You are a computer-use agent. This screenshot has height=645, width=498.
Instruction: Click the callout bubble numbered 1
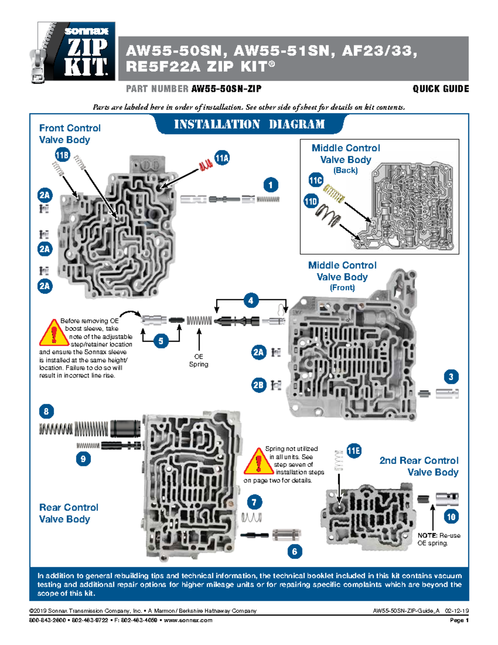pos(271,185)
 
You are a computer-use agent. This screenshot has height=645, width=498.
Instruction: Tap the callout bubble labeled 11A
pos(222,158)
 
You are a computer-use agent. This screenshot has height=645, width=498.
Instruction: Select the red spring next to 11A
pos(205,165)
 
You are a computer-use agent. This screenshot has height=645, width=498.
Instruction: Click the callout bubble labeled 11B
pos(62,155)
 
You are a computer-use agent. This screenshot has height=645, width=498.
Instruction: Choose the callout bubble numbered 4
pos(251,300)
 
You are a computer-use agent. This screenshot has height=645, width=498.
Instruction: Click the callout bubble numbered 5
pos(161,341)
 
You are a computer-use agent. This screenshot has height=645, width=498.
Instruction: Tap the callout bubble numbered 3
pos(451,377)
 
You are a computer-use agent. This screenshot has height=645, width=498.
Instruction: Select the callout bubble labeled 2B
pos(258,385)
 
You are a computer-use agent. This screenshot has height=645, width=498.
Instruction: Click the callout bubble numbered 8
pos(46,412)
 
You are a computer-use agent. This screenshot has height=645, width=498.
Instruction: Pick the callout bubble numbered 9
pos(83,459)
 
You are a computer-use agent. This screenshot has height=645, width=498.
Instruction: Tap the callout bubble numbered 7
pos(254,502)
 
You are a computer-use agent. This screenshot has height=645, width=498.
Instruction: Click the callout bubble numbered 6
pos(295,552)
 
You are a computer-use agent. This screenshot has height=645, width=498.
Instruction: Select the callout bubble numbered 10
pos(451,517)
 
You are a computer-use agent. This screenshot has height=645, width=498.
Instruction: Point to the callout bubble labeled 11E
pos(354,451)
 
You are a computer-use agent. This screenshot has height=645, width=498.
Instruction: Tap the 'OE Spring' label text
pos(198,361)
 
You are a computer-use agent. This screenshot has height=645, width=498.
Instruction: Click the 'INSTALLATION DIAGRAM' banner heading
pos(249,124)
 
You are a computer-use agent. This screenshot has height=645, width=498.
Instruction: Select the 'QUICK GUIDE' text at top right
pos(441,89)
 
